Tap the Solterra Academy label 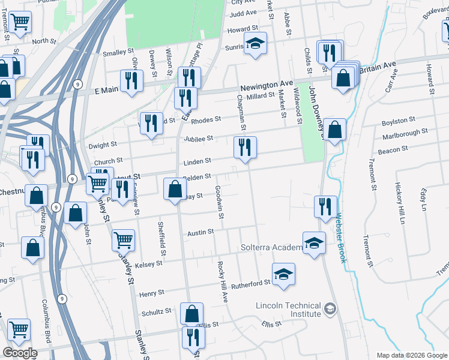271,248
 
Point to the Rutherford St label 252,283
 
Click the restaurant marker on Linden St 245,148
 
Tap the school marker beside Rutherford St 284,274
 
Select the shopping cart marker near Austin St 123,239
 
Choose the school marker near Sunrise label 256,44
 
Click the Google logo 20,353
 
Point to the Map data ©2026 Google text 411,355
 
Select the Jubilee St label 202,139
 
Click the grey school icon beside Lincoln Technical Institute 329,309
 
